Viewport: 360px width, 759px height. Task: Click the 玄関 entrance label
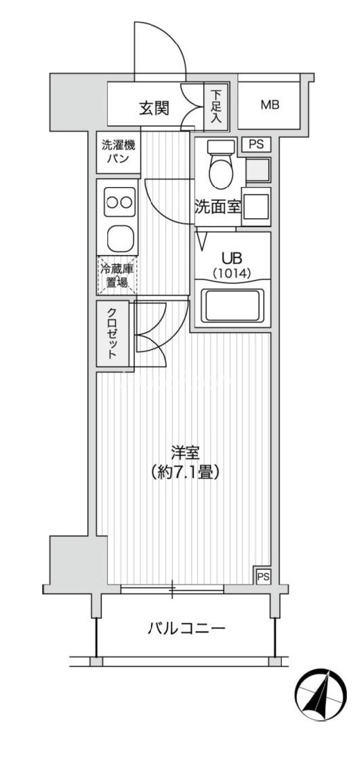(155, 109)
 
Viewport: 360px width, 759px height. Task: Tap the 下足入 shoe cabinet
(216, 107)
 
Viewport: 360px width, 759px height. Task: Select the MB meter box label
(270, 105)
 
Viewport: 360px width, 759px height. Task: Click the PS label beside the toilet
(256, 144)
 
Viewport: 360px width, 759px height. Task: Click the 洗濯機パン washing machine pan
(118, 152)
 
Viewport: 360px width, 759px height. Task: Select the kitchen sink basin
(118, 238)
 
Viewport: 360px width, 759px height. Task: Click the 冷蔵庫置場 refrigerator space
(117, 276)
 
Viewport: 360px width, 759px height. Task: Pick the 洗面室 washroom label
(217, 207)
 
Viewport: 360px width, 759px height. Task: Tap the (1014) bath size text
(231, 273)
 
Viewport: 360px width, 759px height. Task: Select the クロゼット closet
(113, 333)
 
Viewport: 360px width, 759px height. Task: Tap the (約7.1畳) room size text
(185, 472)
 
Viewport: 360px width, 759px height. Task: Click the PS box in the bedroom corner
(263, 575)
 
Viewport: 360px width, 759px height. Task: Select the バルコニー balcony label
(186, 629)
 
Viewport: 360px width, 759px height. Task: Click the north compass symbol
(321, 696)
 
